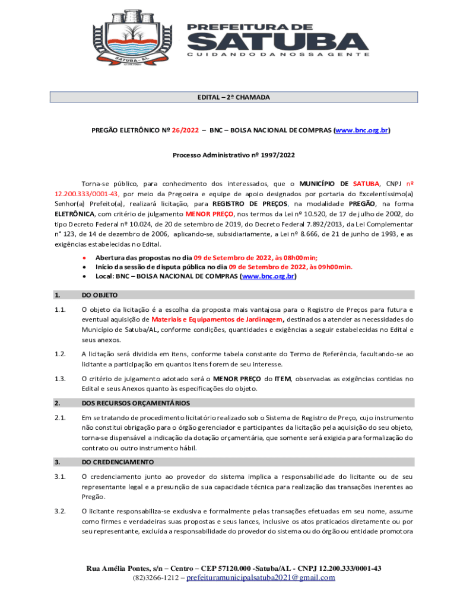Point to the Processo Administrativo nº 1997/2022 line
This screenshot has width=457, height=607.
click(x=233, y=155)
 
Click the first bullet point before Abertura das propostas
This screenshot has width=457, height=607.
click(x=85, y=258)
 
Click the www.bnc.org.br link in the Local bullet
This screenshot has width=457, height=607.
click(x=267, y=276)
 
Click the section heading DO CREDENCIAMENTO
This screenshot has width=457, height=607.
click(x=118, y=462)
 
